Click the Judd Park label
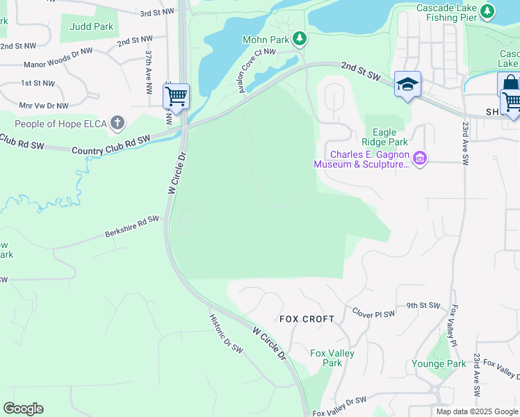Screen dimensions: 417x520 pos(91,27)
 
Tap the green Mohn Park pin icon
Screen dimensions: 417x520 pos(299,38)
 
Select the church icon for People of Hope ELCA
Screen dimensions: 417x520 pos(117,123)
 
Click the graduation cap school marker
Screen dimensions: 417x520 pos(407,85)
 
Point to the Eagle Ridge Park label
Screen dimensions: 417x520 pos(390,136)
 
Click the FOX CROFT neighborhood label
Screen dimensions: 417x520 pos(307,319)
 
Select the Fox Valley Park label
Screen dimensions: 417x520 pos(332,358)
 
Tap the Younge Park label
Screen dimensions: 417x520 pos(438,363)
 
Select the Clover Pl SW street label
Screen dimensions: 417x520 pos(373,313)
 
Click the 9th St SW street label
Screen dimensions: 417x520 pos(423,305)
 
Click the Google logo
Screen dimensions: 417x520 pos(23,409)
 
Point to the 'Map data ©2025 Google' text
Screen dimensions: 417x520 pos(477,411)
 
